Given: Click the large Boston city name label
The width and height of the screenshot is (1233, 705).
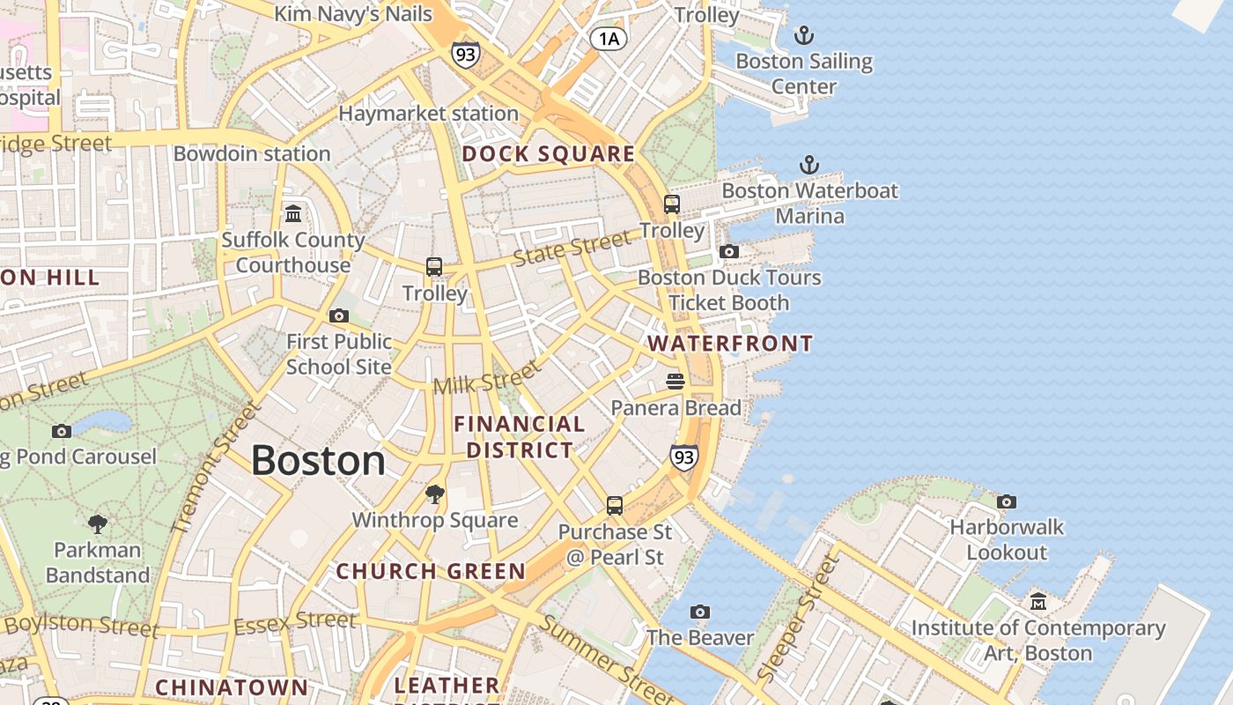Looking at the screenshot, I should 318,461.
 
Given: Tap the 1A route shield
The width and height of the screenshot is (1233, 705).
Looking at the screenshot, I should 609,38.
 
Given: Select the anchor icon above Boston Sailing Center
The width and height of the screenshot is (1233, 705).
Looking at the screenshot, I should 803,35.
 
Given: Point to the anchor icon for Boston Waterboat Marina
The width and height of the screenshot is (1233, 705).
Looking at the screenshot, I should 808,165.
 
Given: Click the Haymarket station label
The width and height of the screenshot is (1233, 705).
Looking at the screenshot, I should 428,114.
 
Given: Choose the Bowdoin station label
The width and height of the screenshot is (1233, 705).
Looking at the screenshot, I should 252,153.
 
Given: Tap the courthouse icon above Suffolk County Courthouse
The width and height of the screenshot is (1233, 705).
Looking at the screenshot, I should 293,213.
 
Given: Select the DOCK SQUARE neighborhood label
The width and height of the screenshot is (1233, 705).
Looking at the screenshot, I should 548,154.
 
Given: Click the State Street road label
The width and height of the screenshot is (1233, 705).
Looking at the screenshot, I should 572,248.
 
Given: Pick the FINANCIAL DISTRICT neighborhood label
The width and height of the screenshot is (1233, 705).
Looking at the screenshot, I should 520,437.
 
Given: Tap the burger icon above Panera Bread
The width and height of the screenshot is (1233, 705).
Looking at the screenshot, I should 676,382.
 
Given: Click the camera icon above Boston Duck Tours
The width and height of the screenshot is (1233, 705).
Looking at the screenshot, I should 728,251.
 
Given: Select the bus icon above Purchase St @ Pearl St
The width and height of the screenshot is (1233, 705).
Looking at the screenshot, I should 615,506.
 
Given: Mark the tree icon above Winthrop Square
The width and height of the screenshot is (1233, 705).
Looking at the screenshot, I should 434,493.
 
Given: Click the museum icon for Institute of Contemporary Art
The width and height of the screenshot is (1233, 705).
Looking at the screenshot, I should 1038,602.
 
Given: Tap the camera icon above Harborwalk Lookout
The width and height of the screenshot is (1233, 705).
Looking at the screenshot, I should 1006,501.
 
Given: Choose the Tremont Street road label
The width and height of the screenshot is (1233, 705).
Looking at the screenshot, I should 216,468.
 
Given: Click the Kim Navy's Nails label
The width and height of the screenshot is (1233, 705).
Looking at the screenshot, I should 353,14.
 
